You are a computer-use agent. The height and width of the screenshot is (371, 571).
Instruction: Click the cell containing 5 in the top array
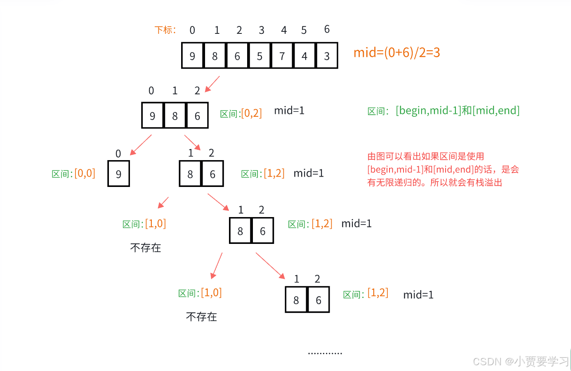pos(260,56)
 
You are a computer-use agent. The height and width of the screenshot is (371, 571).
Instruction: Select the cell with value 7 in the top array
pos(282,56)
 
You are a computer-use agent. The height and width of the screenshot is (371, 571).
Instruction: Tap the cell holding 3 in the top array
pos(327,56)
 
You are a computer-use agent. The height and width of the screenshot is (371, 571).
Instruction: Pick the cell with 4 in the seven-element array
pos(304,56)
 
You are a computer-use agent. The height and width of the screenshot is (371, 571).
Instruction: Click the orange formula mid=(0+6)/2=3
pos(396,52)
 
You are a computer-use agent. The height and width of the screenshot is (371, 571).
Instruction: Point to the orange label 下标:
pos(165,30)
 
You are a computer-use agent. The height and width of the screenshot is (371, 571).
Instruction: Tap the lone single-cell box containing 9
pos(118,174)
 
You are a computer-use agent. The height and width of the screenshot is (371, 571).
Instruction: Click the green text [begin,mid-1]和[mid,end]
pos(458,111)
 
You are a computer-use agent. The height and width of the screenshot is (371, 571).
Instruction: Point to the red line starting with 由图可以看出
pos(425,156)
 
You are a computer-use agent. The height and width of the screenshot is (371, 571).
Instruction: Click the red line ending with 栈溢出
pos(434,182)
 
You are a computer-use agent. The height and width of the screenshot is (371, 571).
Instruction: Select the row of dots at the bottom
pos(325,353)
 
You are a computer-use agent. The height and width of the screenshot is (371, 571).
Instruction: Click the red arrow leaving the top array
pos(212,84)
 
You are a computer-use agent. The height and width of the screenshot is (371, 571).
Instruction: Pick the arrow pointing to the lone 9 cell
pos(141,145)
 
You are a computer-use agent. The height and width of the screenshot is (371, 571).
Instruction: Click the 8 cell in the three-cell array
pos(175,116)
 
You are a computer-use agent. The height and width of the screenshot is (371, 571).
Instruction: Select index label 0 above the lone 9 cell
pos(118,154)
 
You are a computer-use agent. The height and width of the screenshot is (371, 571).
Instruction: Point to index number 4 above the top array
pos(284,30)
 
